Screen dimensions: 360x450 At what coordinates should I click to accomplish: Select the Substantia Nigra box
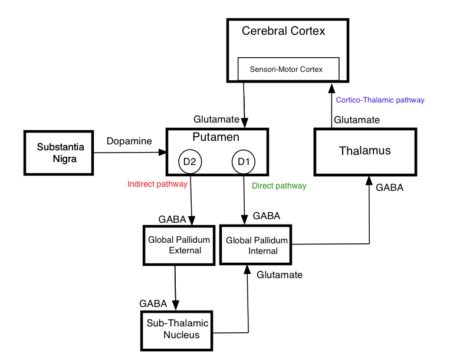click(58, 153)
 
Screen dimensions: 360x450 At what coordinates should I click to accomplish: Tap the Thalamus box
click(364, 151)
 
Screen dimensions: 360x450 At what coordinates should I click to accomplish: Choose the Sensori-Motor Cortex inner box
click(288, 69)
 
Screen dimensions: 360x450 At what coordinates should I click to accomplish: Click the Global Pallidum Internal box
click(257, 245)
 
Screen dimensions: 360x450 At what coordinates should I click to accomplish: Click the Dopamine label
click(129, 141)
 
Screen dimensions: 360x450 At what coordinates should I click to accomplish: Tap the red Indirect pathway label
click(157, 184)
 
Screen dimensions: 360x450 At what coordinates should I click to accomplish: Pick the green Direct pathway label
click(279, 186)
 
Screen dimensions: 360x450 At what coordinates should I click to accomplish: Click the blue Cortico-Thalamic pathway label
click(380, 100)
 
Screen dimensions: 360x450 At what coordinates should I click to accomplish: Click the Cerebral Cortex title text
click(283, 31)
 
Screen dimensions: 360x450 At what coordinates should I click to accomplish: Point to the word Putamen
click(216, 137)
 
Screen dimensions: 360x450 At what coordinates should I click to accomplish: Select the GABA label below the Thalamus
click(389, 189)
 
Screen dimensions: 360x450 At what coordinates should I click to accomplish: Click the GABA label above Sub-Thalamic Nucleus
click(153, 303)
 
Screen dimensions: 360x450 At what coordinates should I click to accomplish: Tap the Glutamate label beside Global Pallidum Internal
click(280, 275)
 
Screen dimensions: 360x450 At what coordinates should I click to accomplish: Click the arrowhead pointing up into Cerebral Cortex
click(331, 87)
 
